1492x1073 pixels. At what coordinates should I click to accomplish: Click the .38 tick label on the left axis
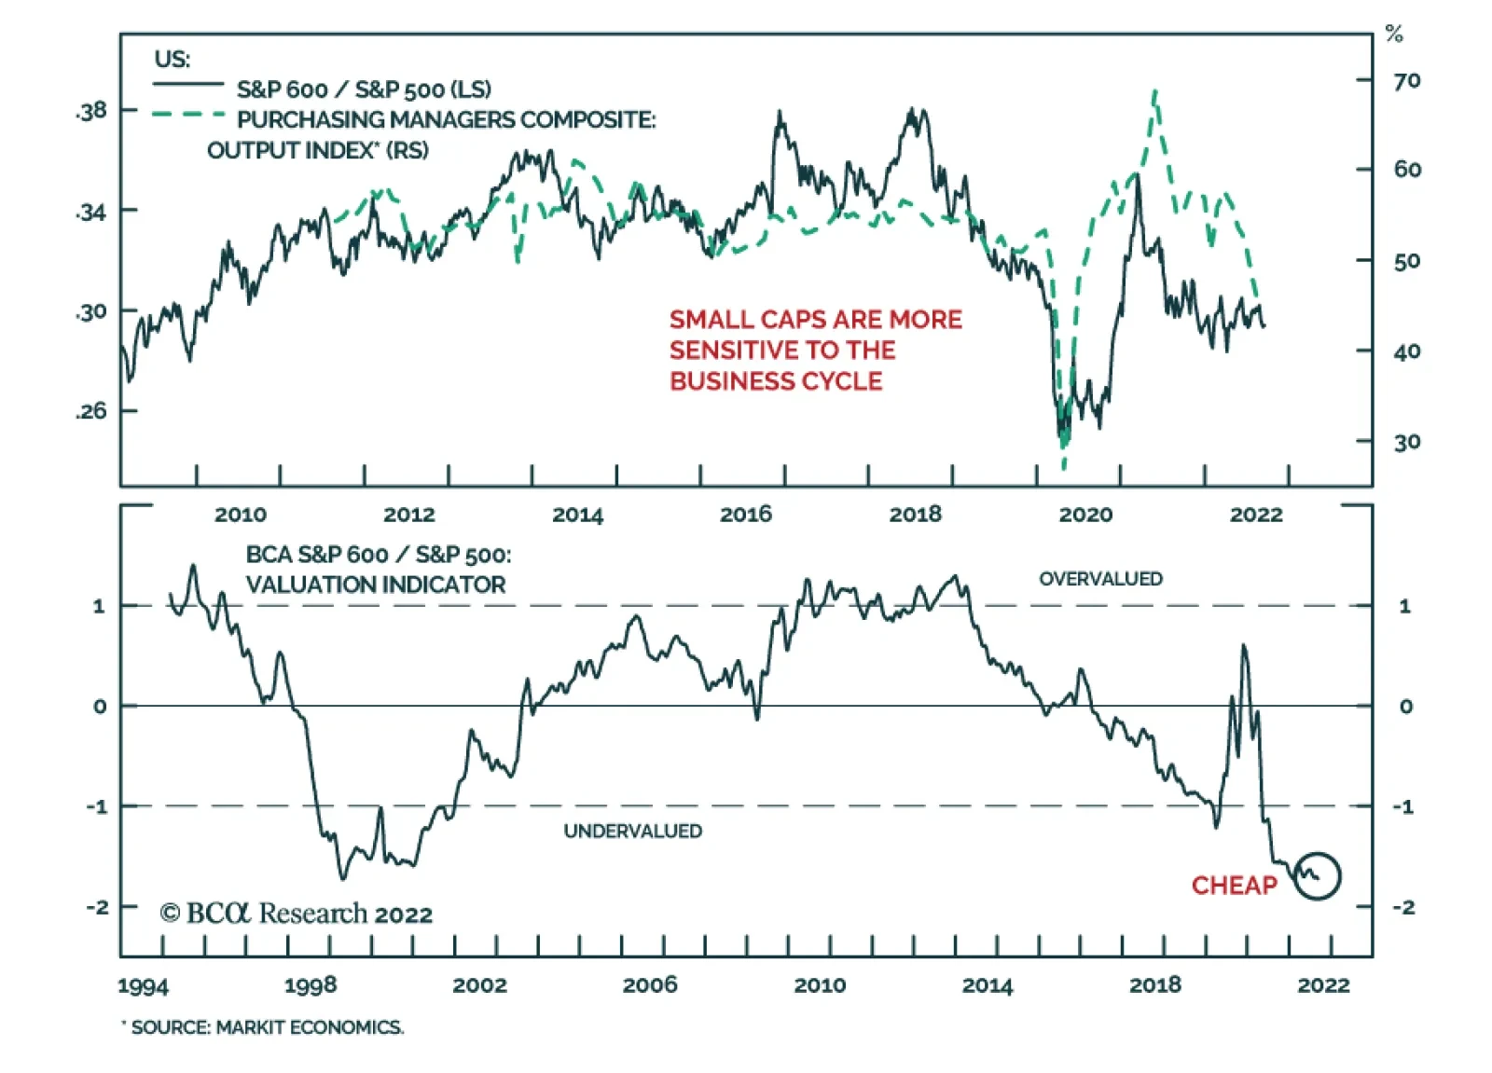(x=92, y=111)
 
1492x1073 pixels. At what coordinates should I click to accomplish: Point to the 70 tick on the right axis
(x=1406, y=81)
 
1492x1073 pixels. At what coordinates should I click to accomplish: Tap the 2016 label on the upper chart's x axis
(x=746, y=514)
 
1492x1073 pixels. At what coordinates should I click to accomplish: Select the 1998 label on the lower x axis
(x=311, y=984)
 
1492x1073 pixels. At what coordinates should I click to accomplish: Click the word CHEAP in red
(x=1234, y=885)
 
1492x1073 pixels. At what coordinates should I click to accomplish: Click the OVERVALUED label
(x=1100, y=579)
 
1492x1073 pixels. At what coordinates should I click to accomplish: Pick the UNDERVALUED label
(x=632, y=831)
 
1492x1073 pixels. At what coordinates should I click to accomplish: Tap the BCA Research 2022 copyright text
(x=297, y=914)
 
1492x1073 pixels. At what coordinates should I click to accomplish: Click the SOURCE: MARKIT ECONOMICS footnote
(x=267, y=1027)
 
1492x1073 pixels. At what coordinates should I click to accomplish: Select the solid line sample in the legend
(x=188, y=85)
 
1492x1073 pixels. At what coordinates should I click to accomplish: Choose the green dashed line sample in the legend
(x=188, y=115)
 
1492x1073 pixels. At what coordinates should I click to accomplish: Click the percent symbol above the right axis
(x=1394, y=34)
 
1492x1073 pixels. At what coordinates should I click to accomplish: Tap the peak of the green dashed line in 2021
(x=1155, y=91)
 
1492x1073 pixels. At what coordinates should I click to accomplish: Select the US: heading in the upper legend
(x=173, y=59)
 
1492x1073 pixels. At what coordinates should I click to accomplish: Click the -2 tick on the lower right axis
(x=1403, y=906)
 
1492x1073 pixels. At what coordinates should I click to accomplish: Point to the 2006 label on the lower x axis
(x=650, y=984)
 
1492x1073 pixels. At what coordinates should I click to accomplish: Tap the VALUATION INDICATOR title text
(x=376, y=585)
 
